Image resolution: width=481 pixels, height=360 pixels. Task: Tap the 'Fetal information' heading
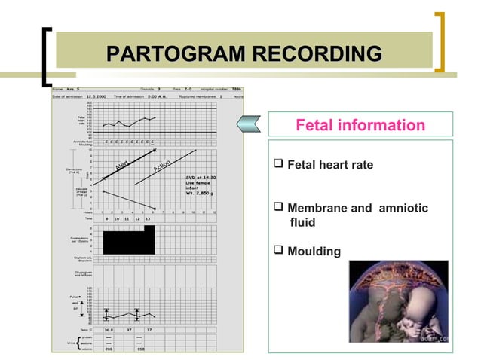click(360, 125)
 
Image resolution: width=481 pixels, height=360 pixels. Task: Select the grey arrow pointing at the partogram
click(250, 124)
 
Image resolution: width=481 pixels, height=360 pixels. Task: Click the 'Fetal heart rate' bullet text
click(330, 165)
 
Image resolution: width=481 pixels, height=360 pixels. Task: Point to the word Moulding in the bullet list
click(314, 251)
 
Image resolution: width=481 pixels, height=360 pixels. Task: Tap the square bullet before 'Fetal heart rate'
click(279, 165)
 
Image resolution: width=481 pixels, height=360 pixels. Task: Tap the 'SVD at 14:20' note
click(201, 178)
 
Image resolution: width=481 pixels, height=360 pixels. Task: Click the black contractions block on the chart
click(128, 241)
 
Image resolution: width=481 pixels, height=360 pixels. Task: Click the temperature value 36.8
click(109, 329)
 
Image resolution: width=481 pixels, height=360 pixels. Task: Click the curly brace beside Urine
click(79, 343)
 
